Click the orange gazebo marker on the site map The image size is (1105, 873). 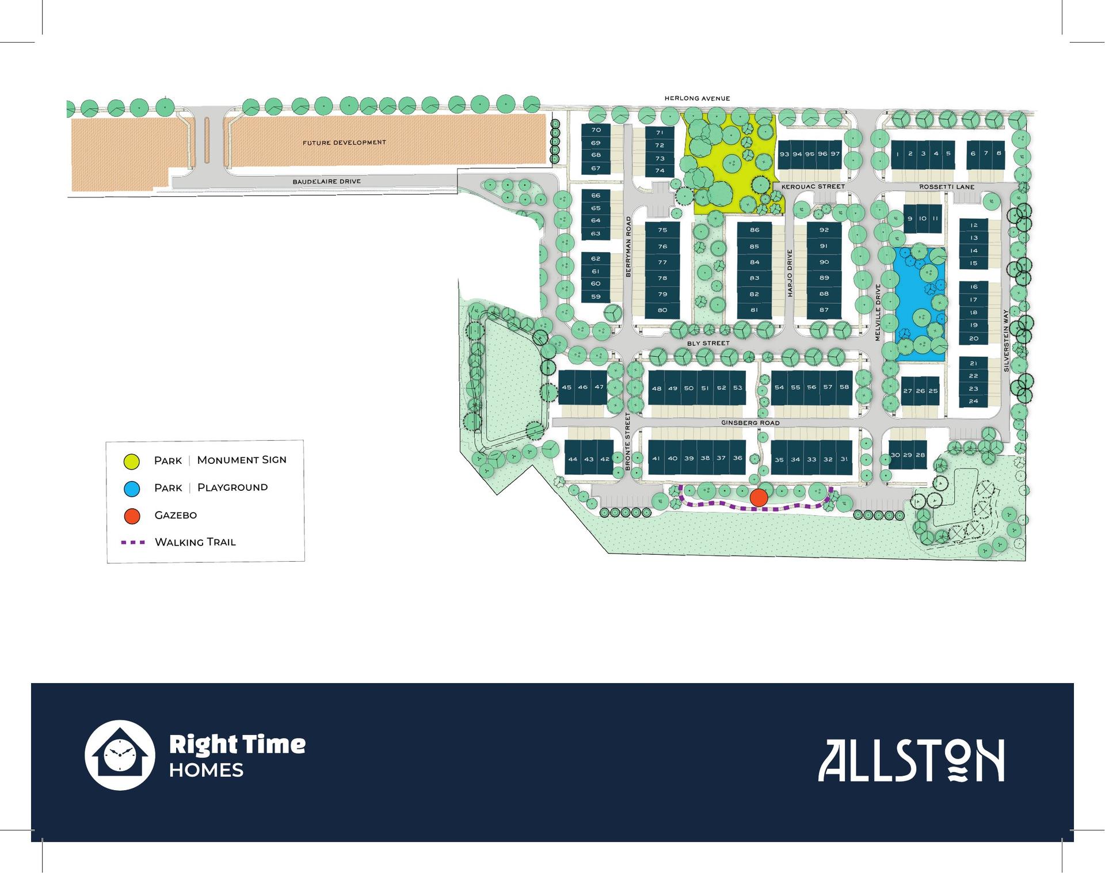coord(759,498)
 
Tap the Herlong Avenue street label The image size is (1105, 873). coord(697,98)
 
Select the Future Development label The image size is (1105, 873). coord(344,143)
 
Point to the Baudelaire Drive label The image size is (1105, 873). coord(326,182)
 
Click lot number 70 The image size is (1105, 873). coord(596,130)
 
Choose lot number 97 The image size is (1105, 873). coord(835,154)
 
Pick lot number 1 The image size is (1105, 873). coord(897,154)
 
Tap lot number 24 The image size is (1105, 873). coord(973,401)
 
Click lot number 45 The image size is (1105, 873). coord(567,387)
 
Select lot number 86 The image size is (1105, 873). coord(755,230)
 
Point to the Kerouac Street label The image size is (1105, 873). coord(813,186)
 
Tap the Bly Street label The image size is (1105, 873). coord(708,344)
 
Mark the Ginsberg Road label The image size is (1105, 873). coord(750,423)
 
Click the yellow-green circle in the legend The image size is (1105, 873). coord(132,461)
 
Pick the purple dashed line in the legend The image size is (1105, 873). coord(133,542)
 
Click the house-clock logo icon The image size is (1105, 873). coord(120,755)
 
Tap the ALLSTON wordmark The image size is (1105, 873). coord(911,761)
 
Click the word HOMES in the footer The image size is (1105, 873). coord(206,771)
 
